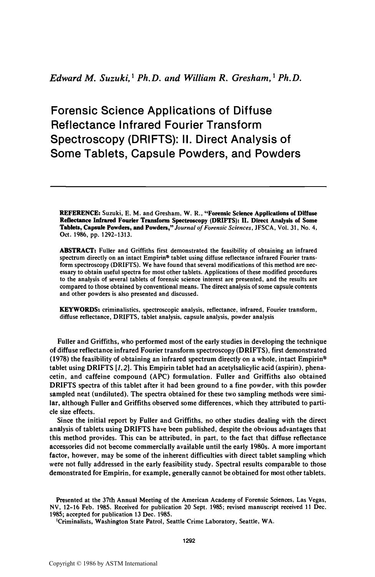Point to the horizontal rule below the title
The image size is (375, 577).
(x=188, y=187)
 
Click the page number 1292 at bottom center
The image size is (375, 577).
(x=188, y=541)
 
